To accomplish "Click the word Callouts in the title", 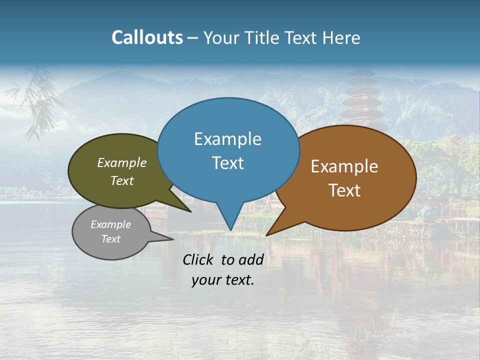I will click(147, 37).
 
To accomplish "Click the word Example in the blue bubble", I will click(227, 139).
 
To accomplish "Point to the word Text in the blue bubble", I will click(227, 163).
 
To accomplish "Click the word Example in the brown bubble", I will click(344, 166).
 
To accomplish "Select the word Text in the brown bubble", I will click(344, 190).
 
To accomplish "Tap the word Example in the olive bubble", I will click(121, 163).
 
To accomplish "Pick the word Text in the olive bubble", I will click(121, 180).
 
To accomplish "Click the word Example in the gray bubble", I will click(110, 224).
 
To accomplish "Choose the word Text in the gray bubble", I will click(110, 239).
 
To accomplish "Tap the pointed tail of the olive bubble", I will click(187, 209).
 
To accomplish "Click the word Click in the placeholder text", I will click(199, 259).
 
